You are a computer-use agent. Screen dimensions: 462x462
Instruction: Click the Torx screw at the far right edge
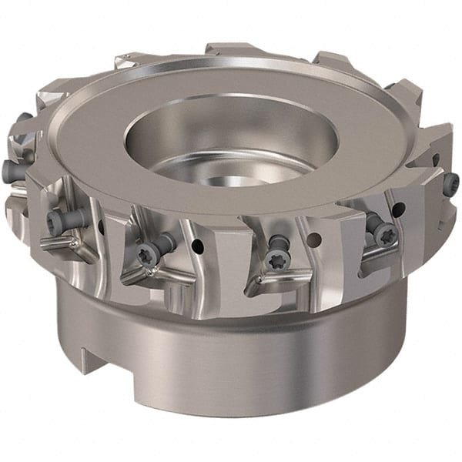pyautogui.click(x=450, y=182)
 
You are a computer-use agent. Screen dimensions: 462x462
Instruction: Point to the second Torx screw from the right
pyautogui.click(x=383, y=232)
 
